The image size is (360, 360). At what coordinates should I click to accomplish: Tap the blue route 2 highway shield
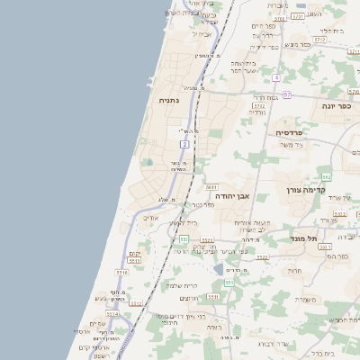point(184,144)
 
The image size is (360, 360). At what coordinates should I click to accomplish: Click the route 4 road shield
point(277,77)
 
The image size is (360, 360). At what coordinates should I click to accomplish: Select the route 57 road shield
point(286,94)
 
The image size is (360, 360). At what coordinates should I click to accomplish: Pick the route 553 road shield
point(183,238)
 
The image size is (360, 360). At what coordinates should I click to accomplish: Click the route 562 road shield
point(327,176)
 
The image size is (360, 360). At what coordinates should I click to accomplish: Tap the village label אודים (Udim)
point(150,218)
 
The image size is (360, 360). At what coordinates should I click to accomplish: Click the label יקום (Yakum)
point(135,255)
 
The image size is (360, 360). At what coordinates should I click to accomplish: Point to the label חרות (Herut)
point(293,270)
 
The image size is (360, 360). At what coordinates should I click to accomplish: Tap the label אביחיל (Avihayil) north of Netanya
point(202,33)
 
